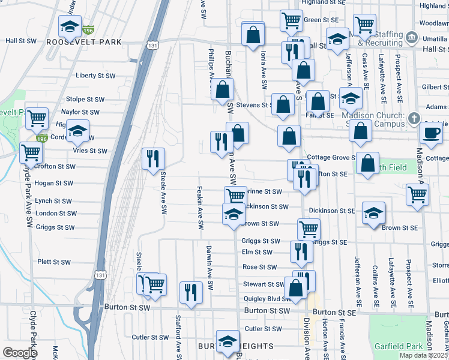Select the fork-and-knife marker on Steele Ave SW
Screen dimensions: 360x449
(x=153, y=158)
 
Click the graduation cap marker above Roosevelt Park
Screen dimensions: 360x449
(x=70, y=26)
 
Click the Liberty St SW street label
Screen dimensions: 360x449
(x=95, y=76)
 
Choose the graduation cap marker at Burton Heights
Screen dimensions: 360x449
(x=228, y=342)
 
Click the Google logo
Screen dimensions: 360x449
(x=20, y=352)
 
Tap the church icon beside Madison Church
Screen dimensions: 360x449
(x=414, y=119)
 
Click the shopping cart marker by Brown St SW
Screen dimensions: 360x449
(x=309, y=228)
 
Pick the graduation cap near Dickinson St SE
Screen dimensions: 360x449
(x=373, y=213)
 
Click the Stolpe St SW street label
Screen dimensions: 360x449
(x=83, y=98)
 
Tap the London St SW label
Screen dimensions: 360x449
(x=56, y=214)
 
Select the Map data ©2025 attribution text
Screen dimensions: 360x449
(x=423, y=355)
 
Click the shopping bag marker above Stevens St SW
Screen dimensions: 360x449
(x=222, y=91)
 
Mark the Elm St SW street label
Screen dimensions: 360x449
(x=257, y=253)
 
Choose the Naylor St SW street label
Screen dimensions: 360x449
(x=80, y=112)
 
